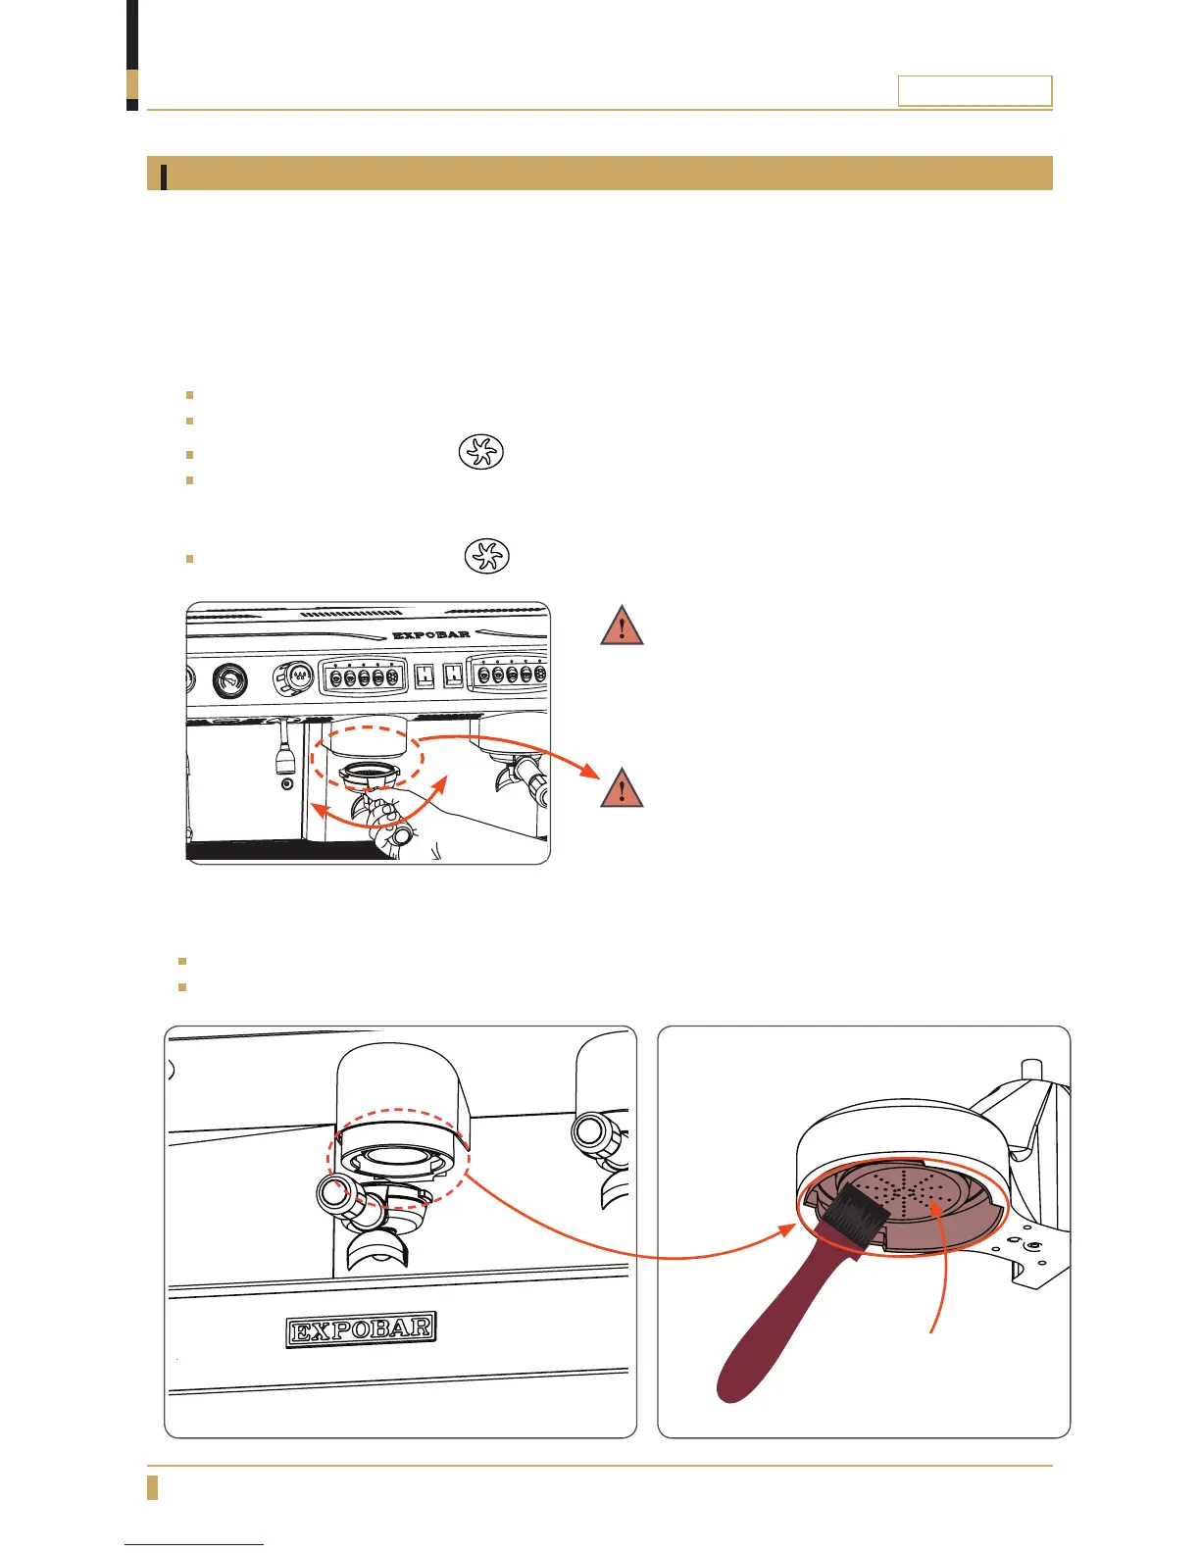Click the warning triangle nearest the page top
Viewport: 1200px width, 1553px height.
click(622, 626)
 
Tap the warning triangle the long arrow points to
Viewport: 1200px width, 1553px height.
click(622, 788)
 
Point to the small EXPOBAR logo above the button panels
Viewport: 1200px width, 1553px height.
click(430, 634)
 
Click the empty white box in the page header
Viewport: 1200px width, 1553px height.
click(975, 91)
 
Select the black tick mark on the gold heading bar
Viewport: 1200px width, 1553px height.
click(164, 175)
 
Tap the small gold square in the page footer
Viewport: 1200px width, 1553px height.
click(152, 1486)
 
